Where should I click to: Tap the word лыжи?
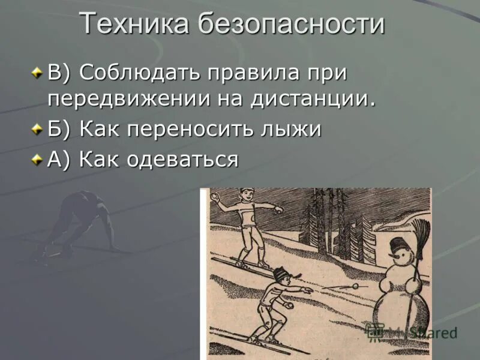[295, 130]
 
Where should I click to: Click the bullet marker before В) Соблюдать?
[38, 73]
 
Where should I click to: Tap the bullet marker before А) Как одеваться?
[38, 160]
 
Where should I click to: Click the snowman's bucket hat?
[397, 244]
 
